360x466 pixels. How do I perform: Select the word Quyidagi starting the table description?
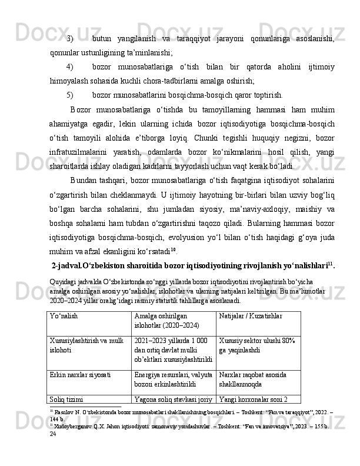coord(64,276)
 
